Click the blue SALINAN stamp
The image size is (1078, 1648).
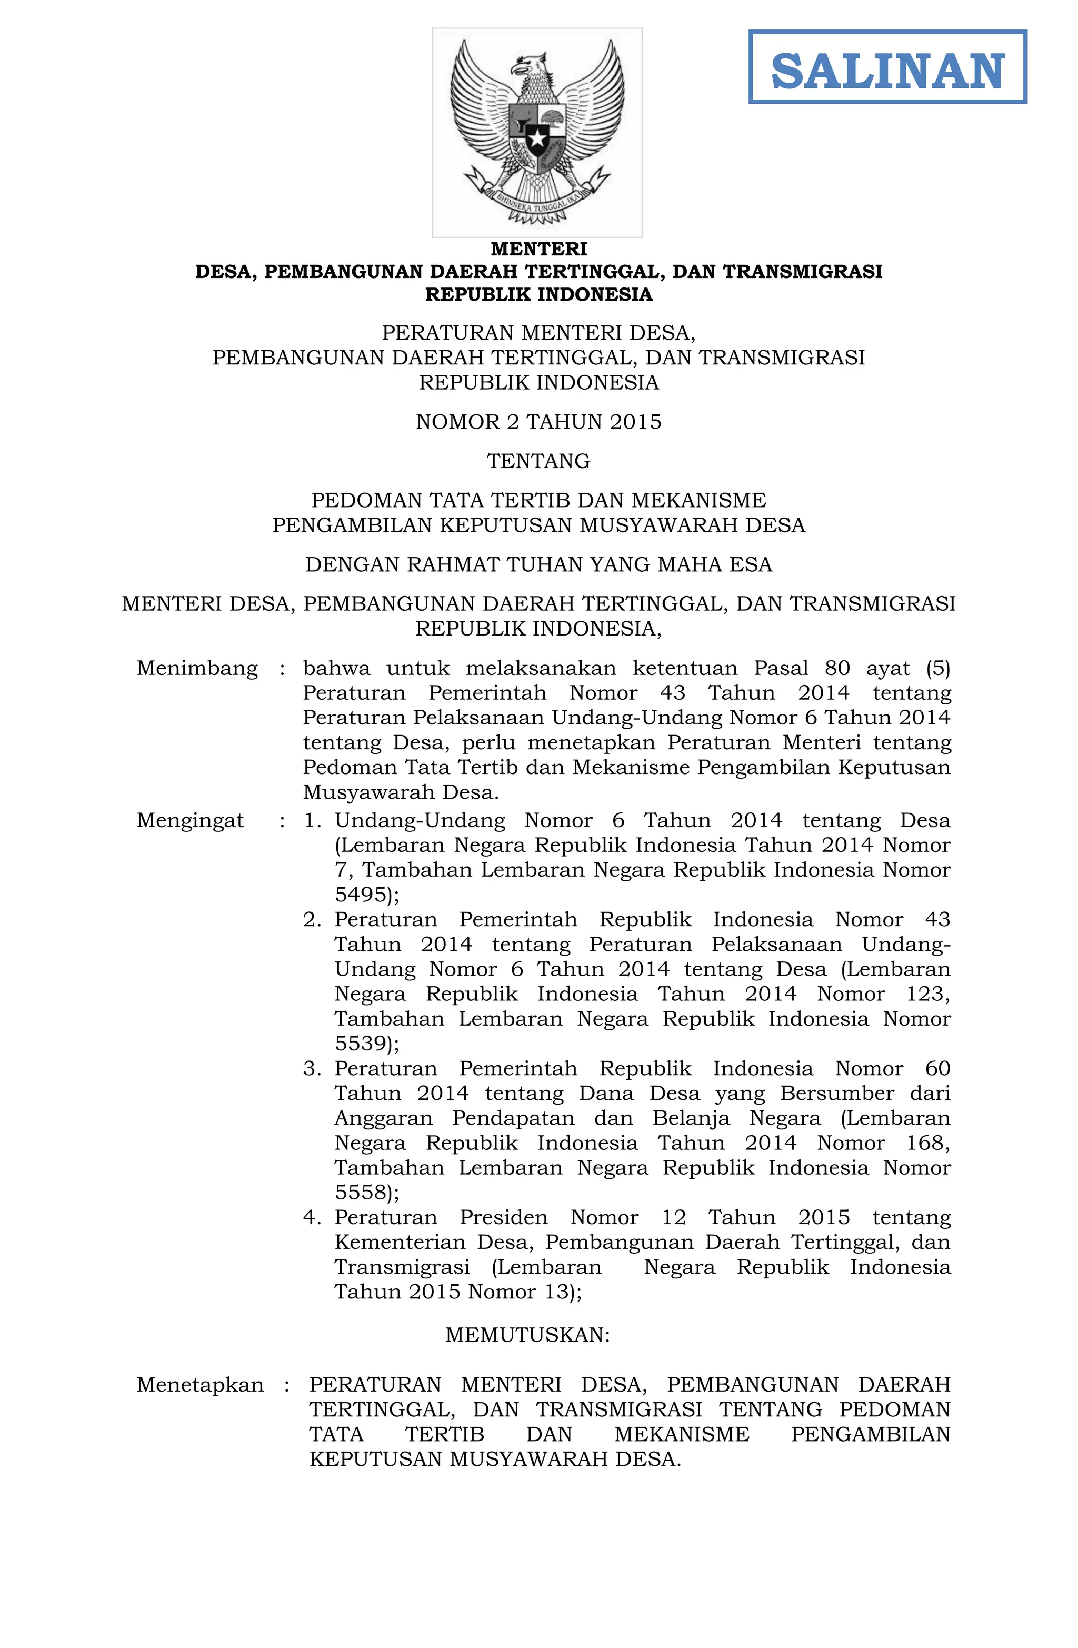coord(887,67)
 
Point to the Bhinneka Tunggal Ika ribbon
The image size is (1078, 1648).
coord(537,202)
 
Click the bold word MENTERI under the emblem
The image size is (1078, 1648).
coord(538,249)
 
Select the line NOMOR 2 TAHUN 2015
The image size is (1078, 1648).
coord(538,422)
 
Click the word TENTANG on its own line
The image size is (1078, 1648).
coord(538,461)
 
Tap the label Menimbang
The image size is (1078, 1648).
coord(197,668)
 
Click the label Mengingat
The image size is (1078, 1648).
coord(191,820)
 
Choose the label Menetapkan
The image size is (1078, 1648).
coord(200,1384)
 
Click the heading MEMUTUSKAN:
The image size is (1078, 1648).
coord(527,1334)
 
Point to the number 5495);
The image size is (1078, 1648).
coord(367,895)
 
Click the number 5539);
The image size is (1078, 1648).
coord(367,1044)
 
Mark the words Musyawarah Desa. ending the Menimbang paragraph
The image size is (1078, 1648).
coord(401,792)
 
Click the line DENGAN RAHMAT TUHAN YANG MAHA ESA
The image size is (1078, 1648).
coord(538,565)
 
